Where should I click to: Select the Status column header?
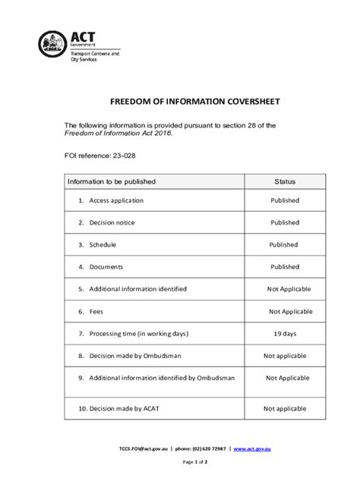pyautogui.click(x=285, y=182)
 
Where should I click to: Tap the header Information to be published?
pyautogui.click(x=112, y=182)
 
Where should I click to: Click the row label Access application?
pyautogui.click(x=116, y=200)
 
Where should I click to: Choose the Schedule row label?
pyautogui.click(x=103, y=245)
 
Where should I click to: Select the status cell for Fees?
pyautogui.click(x=290, y=311)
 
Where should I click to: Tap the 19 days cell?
pyautogui.click(x=285, y=333)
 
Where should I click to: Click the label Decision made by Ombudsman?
pyautogui.click(x=134, y=355)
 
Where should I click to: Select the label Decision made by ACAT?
pyautogui.click(x=124, y=408)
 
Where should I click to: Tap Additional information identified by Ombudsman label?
pyautogui.click(x=162, y=377)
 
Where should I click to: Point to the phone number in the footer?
pyautogui.click(x=198, y=449)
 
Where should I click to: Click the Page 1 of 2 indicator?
pyautogui.click(x=179, y=461)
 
